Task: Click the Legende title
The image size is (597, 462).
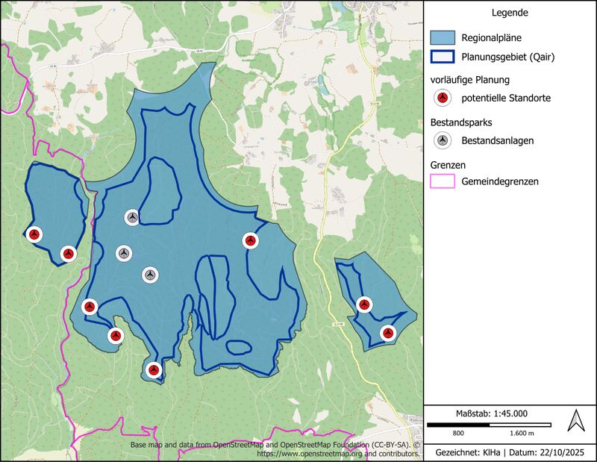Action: pyautogui.click(x=510, y=13)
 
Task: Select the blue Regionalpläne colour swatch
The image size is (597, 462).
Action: pyautogui.click(x=443, y=37)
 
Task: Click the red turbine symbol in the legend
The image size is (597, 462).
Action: pyautogui.click(x=443, y=98)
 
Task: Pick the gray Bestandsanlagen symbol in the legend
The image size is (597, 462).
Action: pyautogui.click(x=443, y=140)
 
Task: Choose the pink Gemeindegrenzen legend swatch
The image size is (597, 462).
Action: pyautogui.click(x=443, y=181)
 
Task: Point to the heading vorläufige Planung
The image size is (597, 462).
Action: pyautogui.click(x=470, y=79)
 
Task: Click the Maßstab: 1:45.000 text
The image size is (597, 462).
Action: pyautogui.click(x=491, y=413)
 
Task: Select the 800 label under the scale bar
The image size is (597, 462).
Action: pyautogui.click(x=458, y=433)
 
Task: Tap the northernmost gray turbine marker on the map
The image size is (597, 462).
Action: pyautogui.click(x=132, y=217)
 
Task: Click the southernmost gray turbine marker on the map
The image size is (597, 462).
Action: pyautogui.click(x=150, y=275)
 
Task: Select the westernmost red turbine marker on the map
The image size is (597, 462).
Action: pyautogui.click(x=34, y=234)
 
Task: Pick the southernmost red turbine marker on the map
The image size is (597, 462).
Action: pyautogui.click(x=154, y=369)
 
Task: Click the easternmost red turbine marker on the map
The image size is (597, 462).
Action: pyautogui.click(x=387, y=333)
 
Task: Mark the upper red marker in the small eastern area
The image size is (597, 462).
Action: pyautogui.click(x=363, y=305)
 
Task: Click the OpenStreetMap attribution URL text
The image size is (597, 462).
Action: pyautogui.click(x=336, y=453)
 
